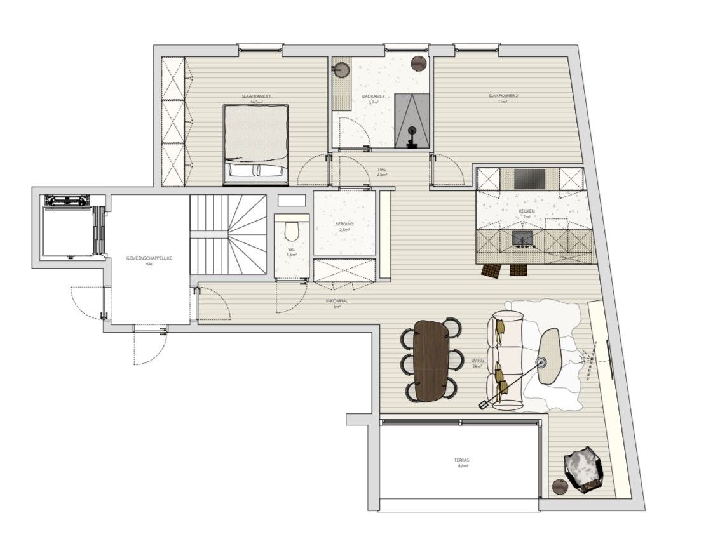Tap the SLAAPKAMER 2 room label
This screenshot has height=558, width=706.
coord(503,96)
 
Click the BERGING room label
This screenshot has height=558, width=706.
coord(344,225)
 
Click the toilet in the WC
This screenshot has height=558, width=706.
coord(292,230)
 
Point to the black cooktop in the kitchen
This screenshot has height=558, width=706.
coord(530,178)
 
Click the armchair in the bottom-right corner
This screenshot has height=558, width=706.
coord(583,468)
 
